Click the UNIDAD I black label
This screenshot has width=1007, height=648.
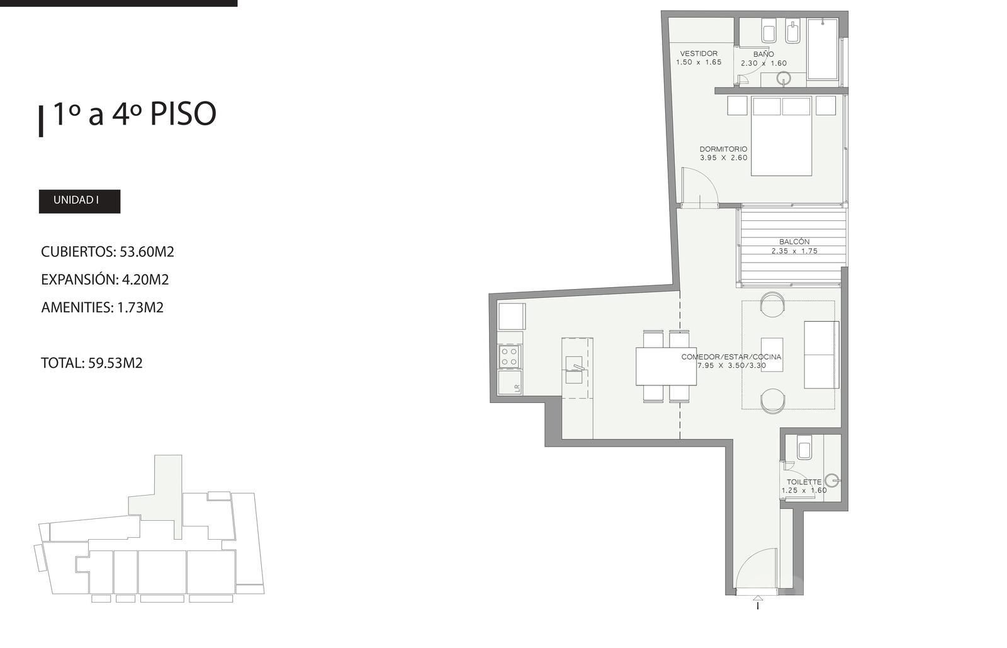[79, 201]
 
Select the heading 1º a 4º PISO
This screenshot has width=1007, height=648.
[135, 114]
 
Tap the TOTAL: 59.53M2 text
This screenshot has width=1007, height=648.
[92, 363]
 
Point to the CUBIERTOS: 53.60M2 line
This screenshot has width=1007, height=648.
[108, 252]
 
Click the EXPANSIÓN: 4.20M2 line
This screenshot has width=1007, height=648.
[104, 280]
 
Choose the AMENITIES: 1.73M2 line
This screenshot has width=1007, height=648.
[102, 307]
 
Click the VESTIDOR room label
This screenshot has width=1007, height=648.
[699, 54]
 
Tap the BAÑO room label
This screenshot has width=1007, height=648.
[763, 54]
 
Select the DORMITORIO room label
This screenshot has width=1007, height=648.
[723, 149]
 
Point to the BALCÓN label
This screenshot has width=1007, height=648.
[794, 242]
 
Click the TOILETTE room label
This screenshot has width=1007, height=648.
[804, 482]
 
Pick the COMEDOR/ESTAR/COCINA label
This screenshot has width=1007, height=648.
[731, 356]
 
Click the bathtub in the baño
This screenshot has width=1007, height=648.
[822, 49]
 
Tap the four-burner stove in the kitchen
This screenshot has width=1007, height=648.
[509, 356]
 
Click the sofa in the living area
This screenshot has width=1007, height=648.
[821, 355]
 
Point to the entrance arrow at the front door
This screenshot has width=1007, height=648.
[758, 601]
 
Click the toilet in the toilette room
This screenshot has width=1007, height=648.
[805, 448]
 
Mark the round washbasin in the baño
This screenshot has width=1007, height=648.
[784, 79]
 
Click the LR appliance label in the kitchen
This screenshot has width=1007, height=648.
[517, 388]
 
